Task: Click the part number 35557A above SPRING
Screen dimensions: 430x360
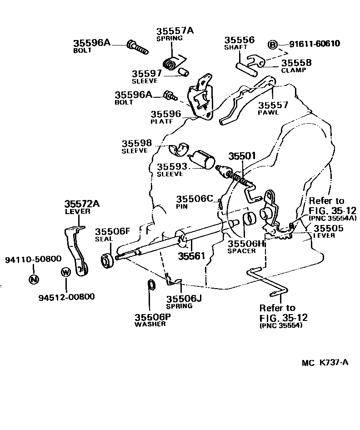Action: [175, 31]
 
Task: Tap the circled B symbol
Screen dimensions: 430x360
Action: [272, 45]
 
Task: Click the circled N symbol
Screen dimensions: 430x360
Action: [33, 279]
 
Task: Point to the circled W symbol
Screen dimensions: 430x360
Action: [65, 272]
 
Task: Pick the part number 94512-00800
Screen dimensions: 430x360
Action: [66, 297]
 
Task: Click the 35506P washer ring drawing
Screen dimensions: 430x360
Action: [151, 285]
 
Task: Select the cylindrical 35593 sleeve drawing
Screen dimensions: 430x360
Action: [203, 160]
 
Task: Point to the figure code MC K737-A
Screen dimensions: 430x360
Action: [325, 363]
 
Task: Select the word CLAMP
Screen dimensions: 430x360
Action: [294, 70]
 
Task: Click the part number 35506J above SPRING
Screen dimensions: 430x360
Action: [183, 299]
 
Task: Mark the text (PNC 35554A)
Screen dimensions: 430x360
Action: [333, 218]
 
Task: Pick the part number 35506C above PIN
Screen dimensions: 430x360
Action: [195, 199]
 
